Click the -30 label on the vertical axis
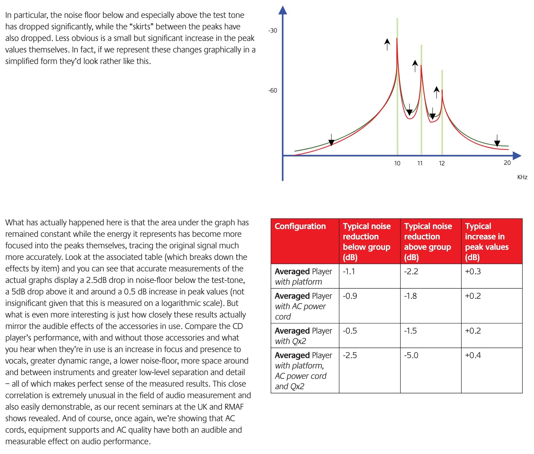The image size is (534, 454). (272, 31)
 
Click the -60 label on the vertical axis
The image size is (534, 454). (272, 90)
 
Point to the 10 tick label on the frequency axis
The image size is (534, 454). (397, 163)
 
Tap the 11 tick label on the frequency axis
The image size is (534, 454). (420, 163)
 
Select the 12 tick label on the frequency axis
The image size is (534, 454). (442, 163)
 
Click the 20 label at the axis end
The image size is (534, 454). (507, 163)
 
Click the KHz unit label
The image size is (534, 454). (522, 177)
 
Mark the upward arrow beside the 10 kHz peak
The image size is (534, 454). (387, 44)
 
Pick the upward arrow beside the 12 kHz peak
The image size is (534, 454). (437, 92)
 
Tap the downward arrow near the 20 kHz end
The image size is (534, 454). (497, 141)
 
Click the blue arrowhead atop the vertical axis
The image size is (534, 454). (283, 10)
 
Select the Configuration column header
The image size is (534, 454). (300, 226)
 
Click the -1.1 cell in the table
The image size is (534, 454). (349, 271)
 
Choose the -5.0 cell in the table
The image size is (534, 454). (411, 355)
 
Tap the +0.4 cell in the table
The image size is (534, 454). (473, 355)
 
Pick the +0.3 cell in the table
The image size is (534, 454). (473, 271)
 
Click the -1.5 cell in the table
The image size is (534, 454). (410, 331)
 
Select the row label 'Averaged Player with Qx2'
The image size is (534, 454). (303, 336)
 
